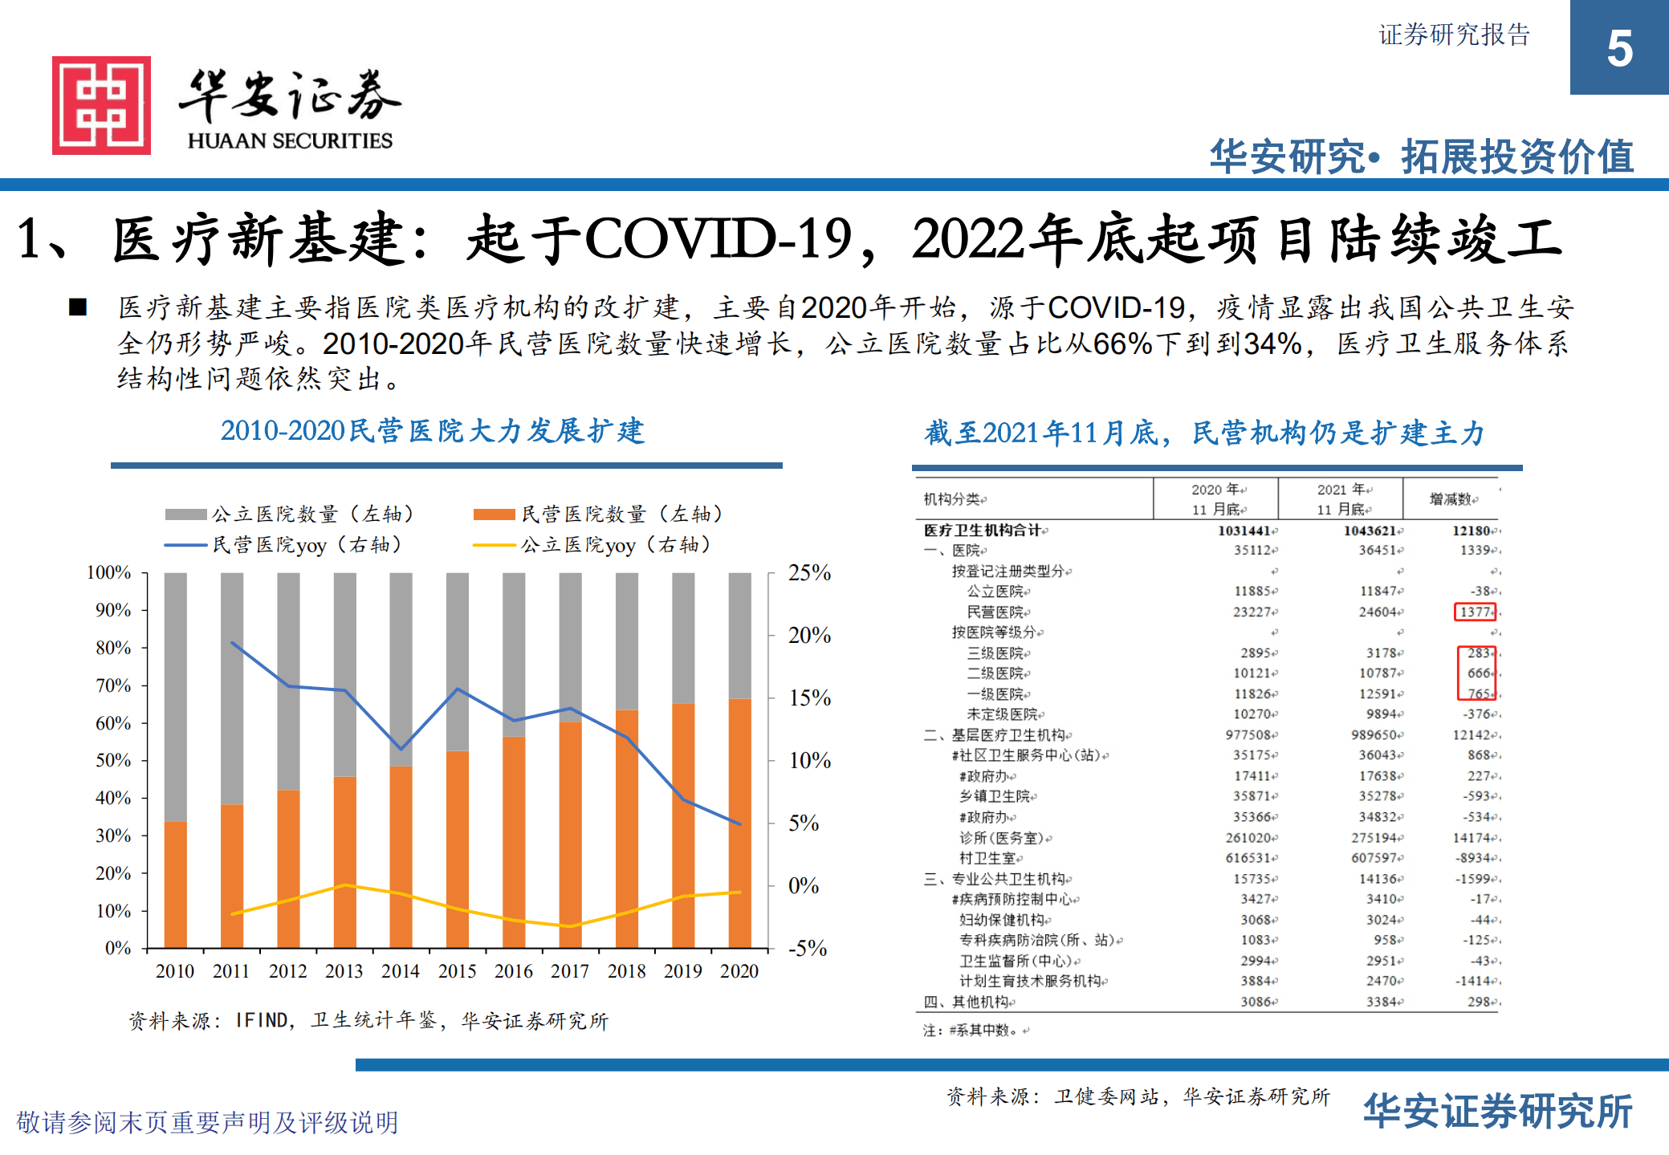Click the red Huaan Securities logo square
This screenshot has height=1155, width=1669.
101,105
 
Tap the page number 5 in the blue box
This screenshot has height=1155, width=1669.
1619,49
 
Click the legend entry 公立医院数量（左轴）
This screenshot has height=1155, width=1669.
290,514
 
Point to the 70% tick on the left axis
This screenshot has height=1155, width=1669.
113,685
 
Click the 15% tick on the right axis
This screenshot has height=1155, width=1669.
809,698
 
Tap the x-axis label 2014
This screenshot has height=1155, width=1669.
400,971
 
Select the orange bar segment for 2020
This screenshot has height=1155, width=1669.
739,823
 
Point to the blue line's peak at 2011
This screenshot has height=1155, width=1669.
232,643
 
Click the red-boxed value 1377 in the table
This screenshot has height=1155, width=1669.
1475,612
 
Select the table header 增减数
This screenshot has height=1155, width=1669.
1451,499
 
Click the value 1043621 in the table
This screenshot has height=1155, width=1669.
1372,531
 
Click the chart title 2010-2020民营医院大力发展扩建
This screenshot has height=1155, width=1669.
432,431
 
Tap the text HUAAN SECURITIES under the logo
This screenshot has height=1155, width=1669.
290,140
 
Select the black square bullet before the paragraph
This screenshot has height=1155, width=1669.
78,307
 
